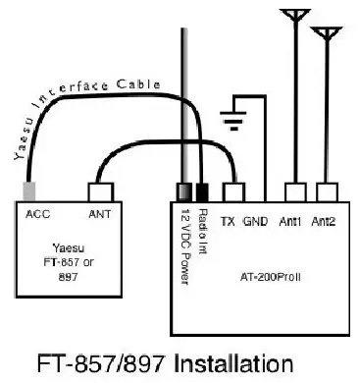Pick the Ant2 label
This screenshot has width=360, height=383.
click(325, 221)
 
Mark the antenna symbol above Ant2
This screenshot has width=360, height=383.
click(324, 35)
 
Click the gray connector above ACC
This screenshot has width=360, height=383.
click(32, 191)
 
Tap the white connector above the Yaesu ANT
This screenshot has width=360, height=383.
click(102, 193)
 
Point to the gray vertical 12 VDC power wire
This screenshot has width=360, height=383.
click(182, 98)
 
